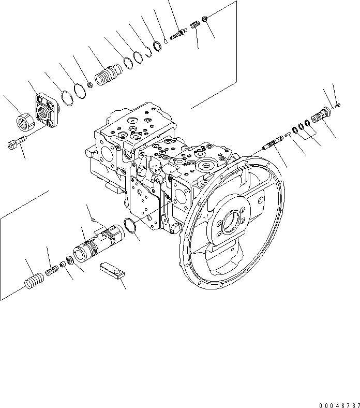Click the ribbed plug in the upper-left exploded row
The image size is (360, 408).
107,78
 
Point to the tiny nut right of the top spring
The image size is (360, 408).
205,19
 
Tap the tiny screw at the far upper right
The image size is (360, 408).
338,106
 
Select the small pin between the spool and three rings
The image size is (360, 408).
287,136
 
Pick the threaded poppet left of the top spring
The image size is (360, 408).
178,34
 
